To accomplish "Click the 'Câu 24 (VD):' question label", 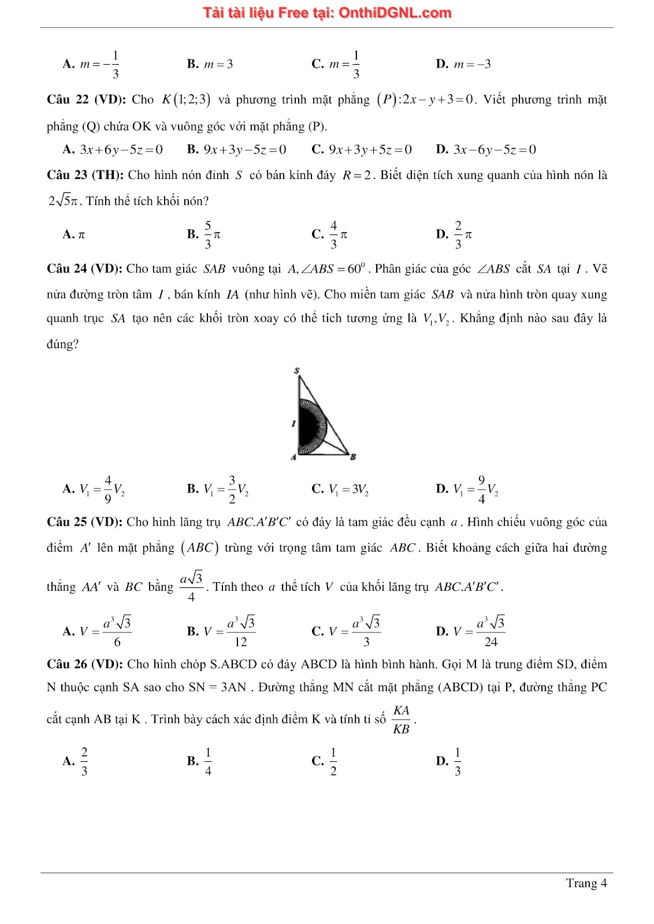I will coord(84,269).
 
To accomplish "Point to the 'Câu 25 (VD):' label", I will coord(84,522).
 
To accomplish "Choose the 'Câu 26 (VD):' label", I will coord(84,664).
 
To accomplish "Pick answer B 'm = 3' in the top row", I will coord(210,64).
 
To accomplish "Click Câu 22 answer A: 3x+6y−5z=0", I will coord(113,150).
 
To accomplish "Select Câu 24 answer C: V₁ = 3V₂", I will coord(340,489).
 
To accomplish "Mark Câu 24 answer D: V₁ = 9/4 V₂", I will coord(467,489).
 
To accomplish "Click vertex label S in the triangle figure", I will coord(297,370).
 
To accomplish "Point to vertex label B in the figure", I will coord(353,457).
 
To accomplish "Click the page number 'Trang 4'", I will coord(586,883).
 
